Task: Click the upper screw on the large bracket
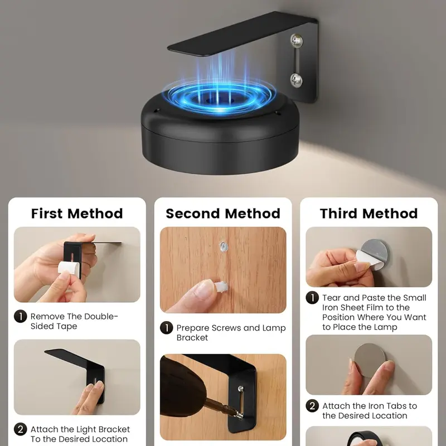[x=297, y=41]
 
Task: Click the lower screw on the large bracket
[x=297, y=80]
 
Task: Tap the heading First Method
[x=77, y=214]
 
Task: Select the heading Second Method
[x=223, y=214]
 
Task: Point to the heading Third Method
[x=369, y=214]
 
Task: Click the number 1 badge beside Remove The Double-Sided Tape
[x=21, y=316]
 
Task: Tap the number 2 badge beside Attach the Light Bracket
[x=21, y=429]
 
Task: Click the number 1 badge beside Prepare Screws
[x=166, y=328]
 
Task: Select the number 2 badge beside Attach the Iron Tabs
[x=312, y=406]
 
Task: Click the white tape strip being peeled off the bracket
[x=69, y=268]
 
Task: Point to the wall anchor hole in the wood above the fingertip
[x=224, y=246]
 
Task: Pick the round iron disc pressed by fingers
[x=370, y=360]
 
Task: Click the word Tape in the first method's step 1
[x=68, y=326]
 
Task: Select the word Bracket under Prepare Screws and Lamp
[x=192, y=338]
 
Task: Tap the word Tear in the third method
[x=332, y=298]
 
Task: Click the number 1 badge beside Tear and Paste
[x=312, y=298]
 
